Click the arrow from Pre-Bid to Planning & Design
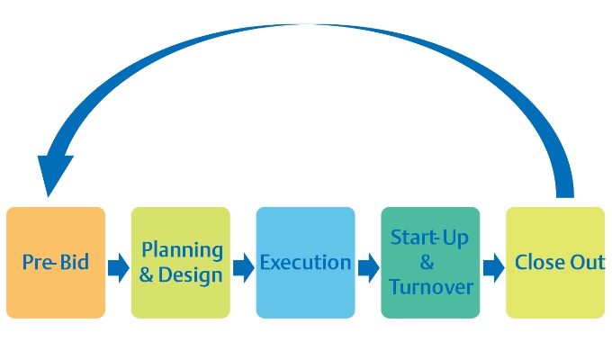coord(118,267)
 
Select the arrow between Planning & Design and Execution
coord(243,267)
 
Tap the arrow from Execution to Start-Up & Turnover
coord(368,267)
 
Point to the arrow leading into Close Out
coord(493,267)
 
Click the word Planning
coord(183,250)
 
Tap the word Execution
coord(305,263)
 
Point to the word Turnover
coord(430,287)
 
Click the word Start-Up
coord(430,238)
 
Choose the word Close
coord(538,263)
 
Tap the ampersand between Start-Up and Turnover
coord(427,263)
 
